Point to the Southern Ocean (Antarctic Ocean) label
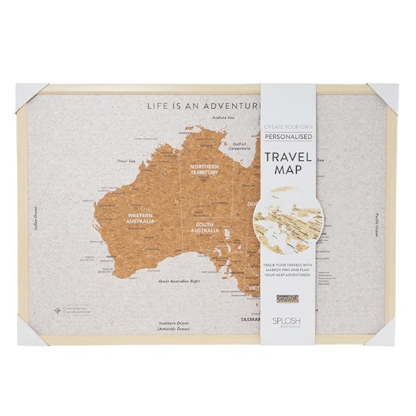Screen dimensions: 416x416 click(173, 326)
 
